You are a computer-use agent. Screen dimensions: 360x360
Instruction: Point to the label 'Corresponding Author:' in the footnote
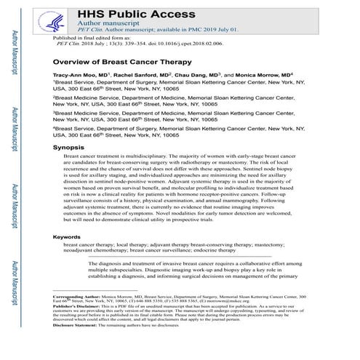[77, 298]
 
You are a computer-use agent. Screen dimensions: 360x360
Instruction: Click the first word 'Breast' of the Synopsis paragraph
[73, 157]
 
